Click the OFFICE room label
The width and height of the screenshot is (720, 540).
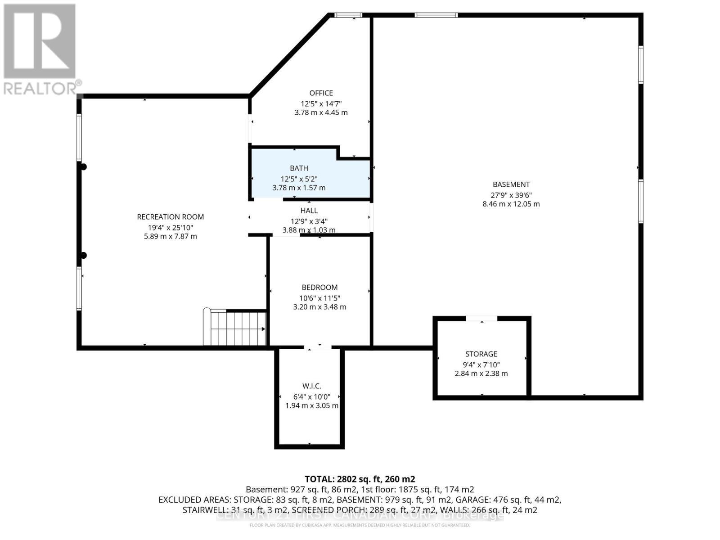point(321,93)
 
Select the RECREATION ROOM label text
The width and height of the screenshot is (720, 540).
point(170,217)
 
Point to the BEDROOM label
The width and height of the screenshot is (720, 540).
point(319,288)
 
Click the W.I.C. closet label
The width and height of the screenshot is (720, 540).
point(311,386)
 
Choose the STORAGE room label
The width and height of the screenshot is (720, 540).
point(481,354)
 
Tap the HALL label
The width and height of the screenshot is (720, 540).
point(309,211)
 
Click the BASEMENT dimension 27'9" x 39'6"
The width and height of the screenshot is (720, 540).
point(511,195)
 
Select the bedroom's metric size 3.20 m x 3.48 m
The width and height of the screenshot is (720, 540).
point(319,307)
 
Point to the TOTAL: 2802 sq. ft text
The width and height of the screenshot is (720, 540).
point(360,479)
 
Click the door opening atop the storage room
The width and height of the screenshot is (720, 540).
point(481,319)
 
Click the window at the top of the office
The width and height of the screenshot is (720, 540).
point(348,16)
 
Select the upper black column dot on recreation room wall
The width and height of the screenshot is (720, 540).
point(83,167)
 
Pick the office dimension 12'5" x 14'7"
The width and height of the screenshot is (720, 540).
point(321,103)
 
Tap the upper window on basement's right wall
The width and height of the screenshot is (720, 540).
point(641,64)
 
